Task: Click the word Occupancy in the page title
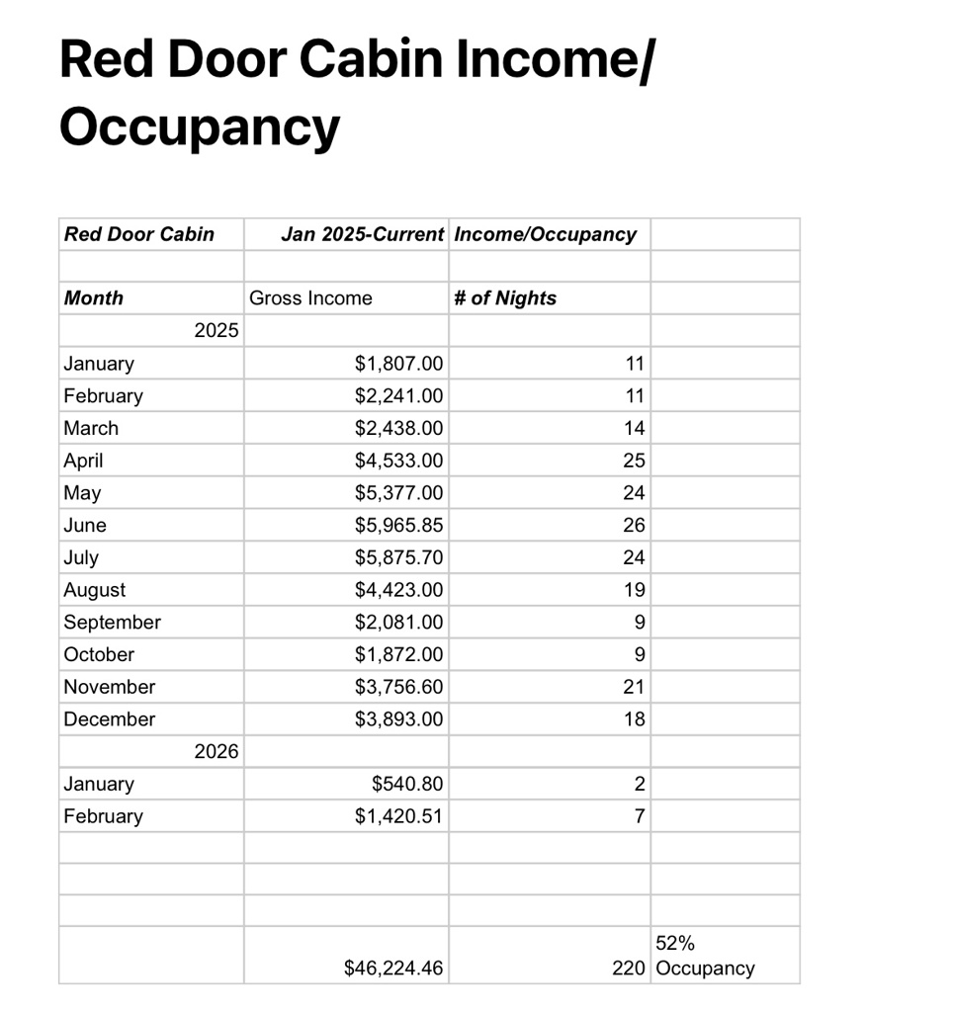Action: [x=199, y=126]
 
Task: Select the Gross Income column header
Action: [x=310, y=298]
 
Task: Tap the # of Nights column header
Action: [x=505, y=298]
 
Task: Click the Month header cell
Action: [x=94, y=298]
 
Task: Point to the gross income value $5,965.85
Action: [x=398, y=525]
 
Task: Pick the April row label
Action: [x=83, y=461]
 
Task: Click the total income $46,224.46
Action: [x=393, y=969]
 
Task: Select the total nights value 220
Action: [x=628, y=969]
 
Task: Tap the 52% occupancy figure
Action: [x=675, y=944]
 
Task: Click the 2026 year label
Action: [x=217, y=751]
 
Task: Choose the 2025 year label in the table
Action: [x=217, y=330]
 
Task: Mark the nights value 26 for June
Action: [x=634, y=525]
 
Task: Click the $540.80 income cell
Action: [x=407, y=784]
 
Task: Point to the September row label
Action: [x=112, y=623]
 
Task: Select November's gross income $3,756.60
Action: [x=398, y=687]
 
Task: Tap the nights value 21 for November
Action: [x=634, y=687]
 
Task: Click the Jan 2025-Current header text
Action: [x=362, y=234]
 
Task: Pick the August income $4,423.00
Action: [x=398, y=590]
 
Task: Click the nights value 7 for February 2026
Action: [x=639, y=816]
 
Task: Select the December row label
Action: [x=109, y=719]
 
